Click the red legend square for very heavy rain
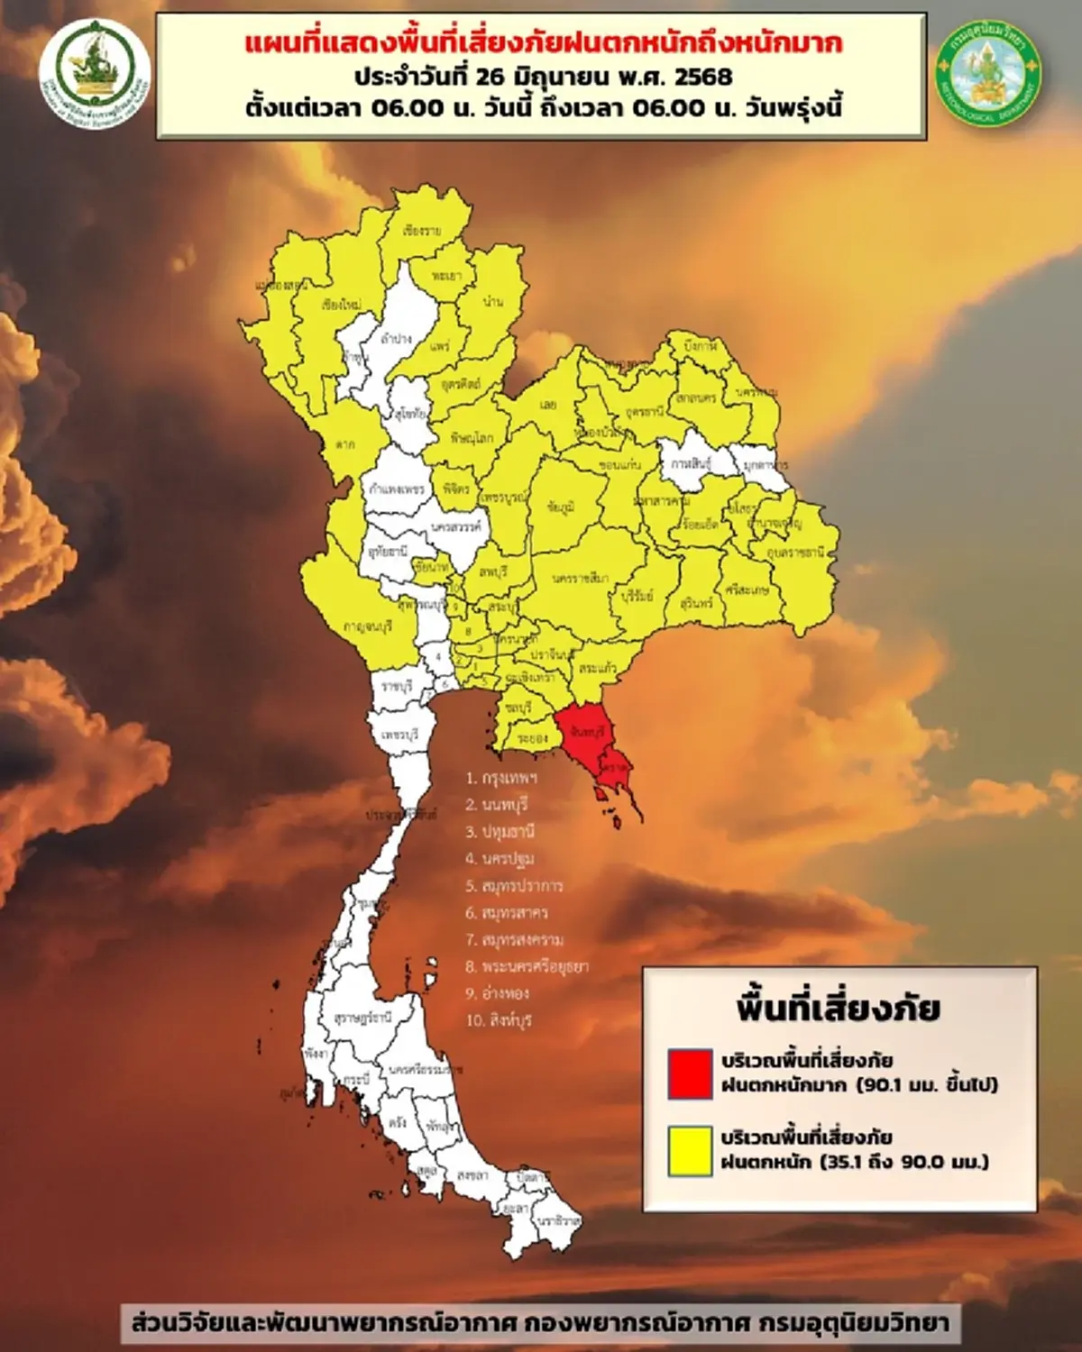pos(690,1073)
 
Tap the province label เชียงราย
pos(422,231)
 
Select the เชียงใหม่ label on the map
pos(341,306)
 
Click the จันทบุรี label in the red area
pos(587,732)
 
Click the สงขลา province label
pos(472,1175)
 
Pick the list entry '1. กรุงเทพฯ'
pos(501,778)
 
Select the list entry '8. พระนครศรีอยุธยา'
pos(527,966)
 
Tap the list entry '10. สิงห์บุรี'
pos(499,1020)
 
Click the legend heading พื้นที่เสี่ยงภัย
pos(838,1008)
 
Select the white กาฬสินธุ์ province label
pos(691,462)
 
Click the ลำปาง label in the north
pos(397,339)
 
